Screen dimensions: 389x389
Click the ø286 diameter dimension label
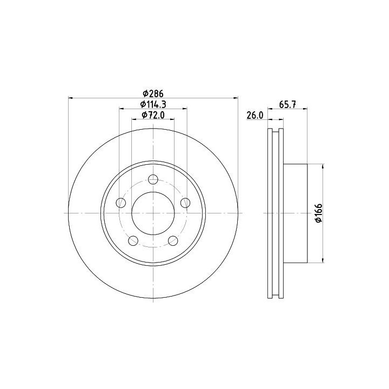coord(153,93)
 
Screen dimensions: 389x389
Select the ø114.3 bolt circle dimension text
coord(153,104)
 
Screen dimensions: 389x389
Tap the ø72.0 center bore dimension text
coord(153,115)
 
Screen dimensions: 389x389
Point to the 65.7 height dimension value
coord(287,104)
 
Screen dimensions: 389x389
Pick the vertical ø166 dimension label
coord(319,213)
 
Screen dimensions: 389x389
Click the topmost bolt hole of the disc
coord(153,179)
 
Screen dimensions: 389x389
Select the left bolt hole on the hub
coord(121,203)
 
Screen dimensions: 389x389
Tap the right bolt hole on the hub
coord(185,203)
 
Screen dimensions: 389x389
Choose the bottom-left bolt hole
coord(133,240)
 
